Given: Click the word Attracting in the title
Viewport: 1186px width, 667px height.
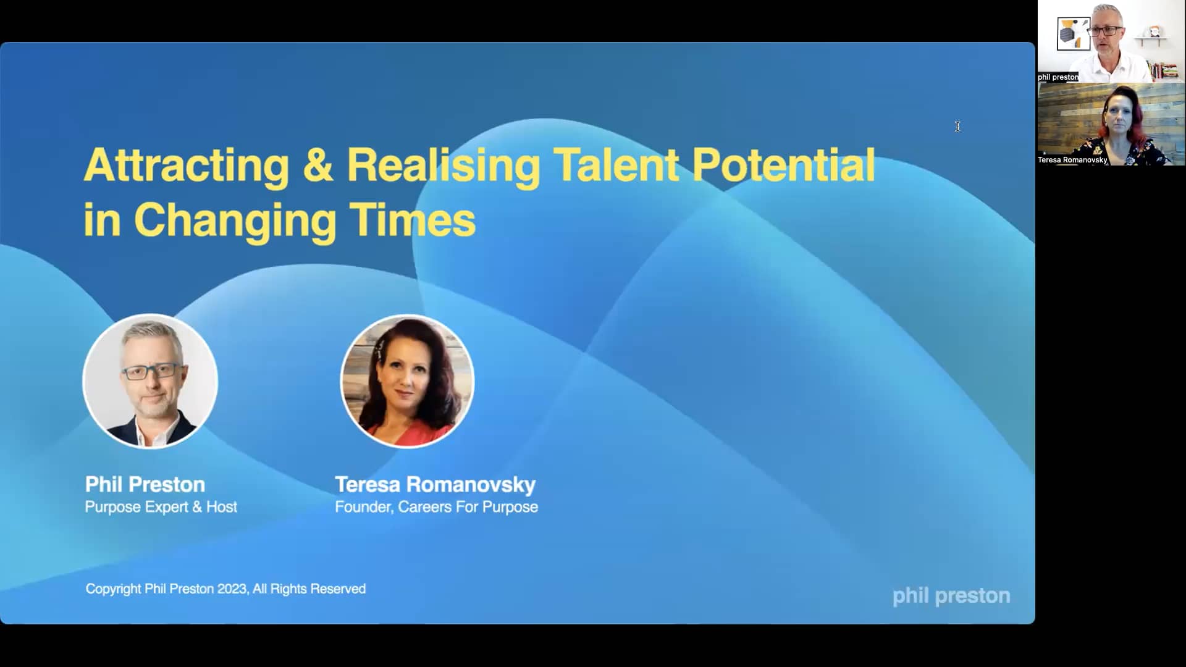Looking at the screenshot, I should tap(186, 166).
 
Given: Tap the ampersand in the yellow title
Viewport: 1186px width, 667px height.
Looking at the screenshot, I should tap(318, 166).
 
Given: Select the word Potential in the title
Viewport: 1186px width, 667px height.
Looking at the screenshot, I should tap(783, 166).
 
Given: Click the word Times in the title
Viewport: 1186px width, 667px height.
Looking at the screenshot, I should tap(412, 220).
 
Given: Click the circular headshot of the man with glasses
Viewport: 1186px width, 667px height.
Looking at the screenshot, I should tap(150, 380).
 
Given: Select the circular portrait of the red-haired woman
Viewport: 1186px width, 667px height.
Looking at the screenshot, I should tap(408, 380).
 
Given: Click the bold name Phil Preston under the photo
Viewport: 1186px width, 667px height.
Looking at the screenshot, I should tap(145, 484).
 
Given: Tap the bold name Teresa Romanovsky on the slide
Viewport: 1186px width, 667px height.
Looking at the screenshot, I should tap(435, 484).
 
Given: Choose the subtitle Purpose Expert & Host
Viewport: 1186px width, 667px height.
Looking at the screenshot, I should tap(161, 507).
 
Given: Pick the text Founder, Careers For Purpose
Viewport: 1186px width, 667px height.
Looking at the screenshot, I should tap(436, 507).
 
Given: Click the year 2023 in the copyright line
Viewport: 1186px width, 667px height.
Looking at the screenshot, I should tap(232, 589).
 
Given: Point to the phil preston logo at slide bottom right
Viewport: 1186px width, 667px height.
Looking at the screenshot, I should tap(951, 595).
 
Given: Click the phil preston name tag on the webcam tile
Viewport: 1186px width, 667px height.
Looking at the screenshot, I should tap(1058, 77).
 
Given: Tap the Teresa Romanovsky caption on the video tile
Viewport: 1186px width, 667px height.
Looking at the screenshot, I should tap(1072, 160).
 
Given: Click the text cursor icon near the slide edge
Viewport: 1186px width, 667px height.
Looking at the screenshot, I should tap(957, 127).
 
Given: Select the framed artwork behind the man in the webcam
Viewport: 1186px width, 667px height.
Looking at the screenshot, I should tap(1074, 33).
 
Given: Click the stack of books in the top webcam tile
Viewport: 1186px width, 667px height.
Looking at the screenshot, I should tap(1164, 70).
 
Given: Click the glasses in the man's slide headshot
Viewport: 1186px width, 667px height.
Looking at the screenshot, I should tap(151, 372).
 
